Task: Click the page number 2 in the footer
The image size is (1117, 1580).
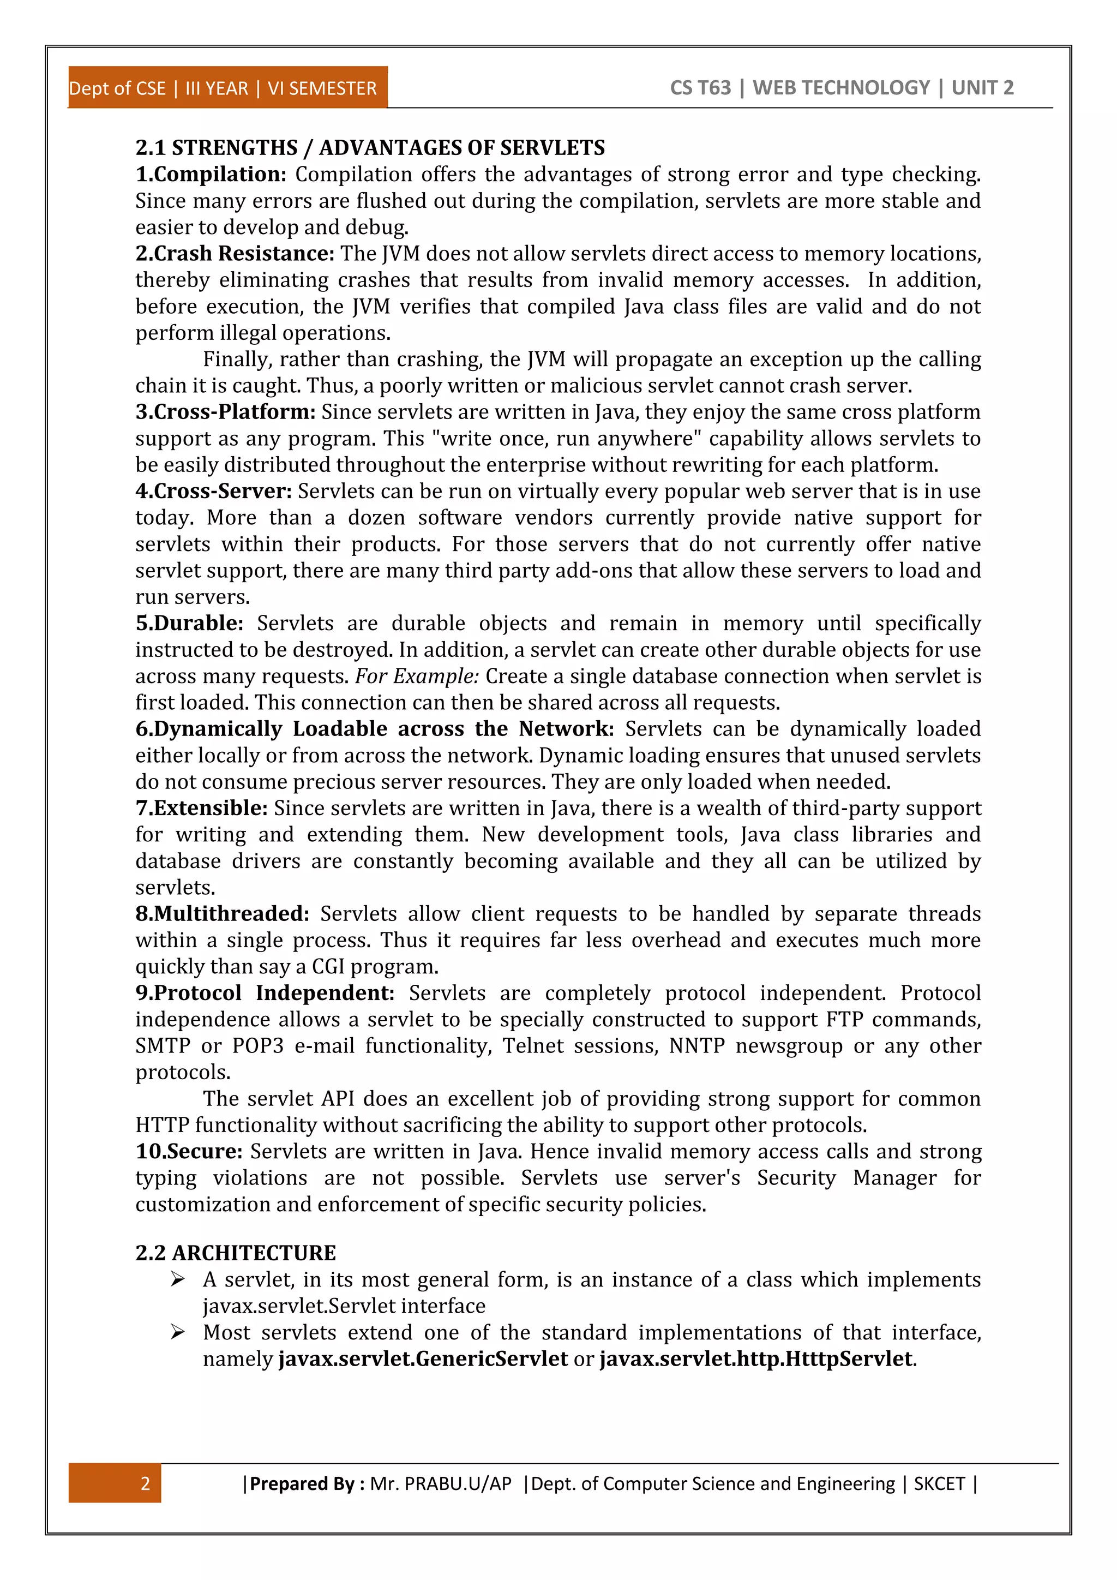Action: click(145, 1483)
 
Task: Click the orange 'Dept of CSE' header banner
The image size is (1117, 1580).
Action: click(227, 88)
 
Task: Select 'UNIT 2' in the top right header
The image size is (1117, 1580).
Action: click(982, 87)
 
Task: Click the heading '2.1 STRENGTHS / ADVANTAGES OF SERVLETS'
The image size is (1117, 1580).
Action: click(370, 147)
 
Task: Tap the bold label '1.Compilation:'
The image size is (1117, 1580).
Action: click(211, 174)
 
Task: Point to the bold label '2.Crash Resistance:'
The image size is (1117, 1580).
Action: click(235, 253)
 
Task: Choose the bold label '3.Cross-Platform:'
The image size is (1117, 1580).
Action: click(225, 411)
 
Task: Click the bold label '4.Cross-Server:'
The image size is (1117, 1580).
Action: click(213, 490)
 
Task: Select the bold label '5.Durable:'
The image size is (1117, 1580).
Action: click(189, 623)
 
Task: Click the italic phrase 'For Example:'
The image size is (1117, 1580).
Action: click(416, 676)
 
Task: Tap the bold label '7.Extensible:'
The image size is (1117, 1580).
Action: click(201, 808)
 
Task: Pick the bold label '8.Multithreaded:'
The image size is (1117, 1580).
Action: click(222, 913)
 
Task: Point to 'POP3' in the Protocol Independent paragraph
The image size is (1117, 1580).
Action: click(257, 1045)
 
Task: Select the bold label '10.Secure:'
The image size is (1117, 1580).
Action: click(189, 1151)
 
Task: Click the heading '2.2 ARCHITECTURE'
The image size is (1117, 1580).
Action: click(235, 1253)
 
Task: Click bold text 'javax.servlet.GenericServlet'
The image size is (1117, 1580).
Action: click(423, 1358)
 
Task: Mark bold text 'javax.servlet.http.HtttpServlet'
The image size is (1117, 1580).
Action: click(756, 1358)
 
